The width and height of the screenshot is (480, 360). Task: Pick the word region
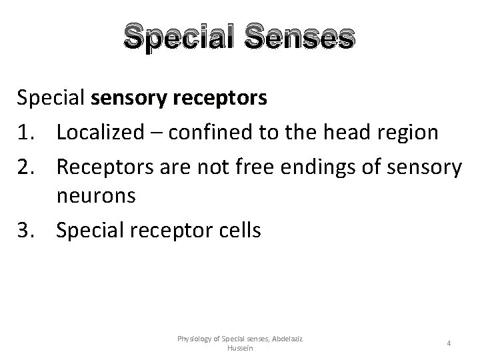coord(406,133)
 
